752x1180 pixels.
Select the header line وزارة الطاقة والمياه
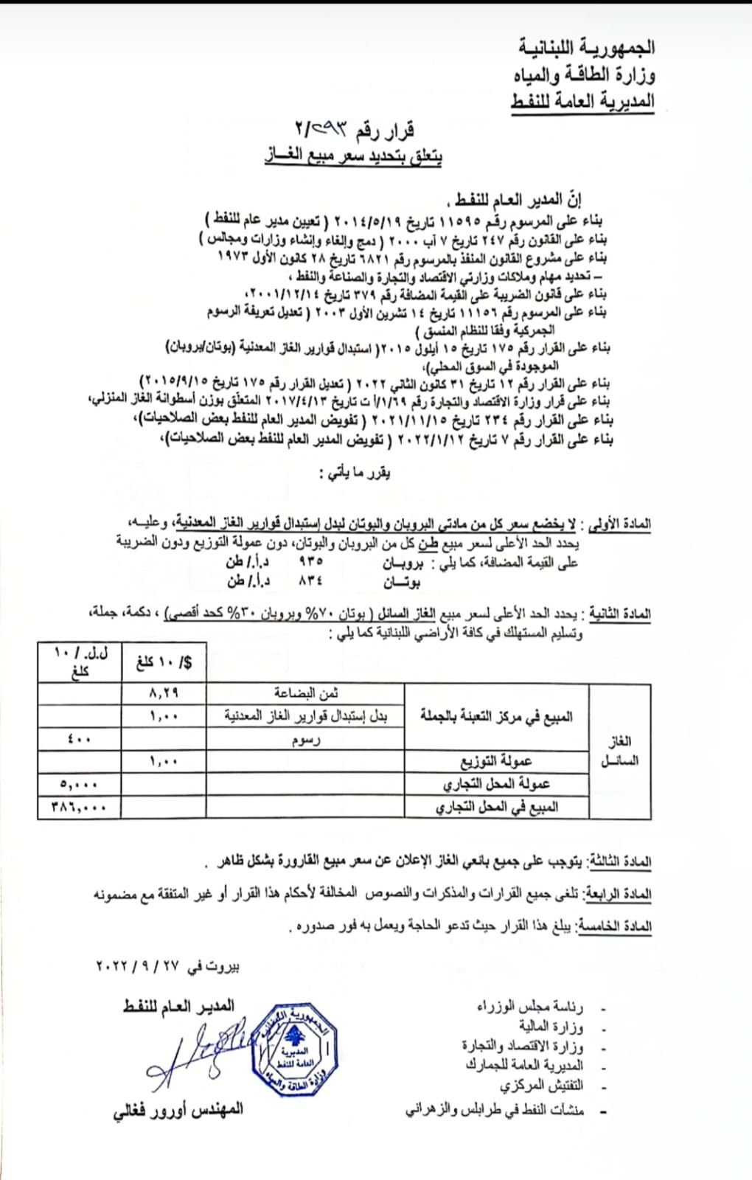tap(584, 74)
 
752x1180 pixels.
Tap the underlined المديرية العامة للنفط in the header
tap(582, 101)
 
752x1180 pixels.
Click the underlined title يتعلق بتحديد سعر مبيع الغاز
tap(354, 156)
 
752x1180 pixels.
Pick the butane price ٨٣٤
tap(310, 581)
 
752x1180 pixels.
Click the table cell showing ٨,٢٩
tap(164, 693)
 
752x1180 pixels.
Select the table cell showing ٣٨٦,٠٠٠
tap(80, 807)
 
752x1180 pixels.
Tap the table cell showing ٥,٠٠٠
tap(80, 784)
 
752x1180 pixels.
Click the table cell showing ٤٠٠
tap(80, 738)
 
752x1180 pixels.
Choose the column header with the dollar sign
tap(164, 662)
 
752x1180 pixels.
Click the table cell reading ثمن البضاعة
tap(305, 693)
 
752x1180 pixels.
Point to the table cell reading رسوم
tap(305, 740)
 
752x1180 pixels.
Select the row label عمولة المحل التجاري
tap(495, 784)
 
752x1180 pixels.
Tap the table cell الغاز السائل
tap(619, 751)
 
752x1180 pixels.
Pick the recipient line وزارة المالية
tap(551, 1027)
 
